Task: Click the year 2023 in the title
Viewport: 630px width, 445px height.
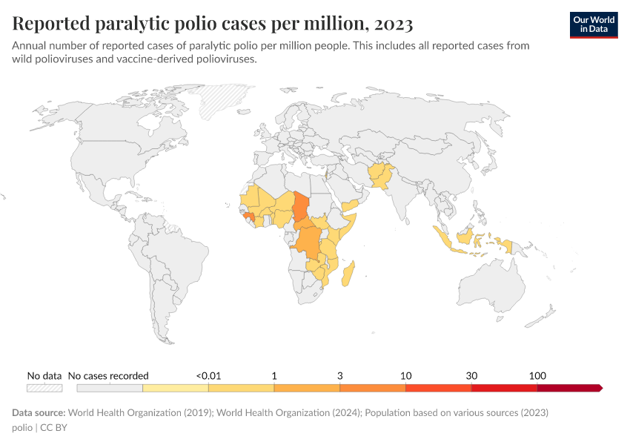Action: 394,24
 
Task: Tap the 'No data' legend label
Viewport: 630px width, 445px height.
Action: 44,375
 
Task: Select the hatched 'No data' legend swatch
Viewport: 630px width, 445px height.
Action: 44,388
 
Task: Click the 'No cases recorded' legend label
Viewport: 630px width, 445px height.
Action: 108,375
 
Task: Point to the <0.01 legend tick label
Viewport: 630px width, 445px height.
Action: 208,375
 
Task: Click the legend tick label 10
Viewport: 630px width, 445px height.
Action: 405,375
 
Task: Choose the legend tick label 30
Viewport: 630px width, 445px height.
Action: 471,375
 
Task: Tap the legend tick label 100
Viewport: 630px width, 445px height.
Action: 537,375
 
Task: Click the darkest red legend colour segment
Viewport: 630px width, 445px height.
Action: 568,388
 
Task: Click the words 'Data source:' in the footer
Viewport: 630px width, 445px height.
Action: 39,412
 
